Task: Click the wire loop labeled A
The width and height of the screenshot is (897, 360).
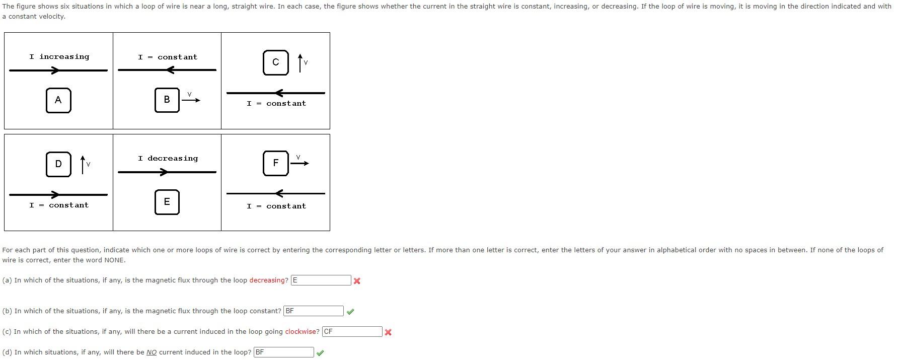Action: tap(58, 100)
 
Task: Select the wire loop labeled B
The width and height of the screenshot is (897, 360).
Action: tap(167, 100)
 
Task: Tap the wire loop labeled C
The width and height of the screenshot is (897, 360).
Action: tap(276, 62)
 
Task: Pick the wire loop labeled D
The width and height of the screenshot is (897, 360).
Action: tap(58, 164)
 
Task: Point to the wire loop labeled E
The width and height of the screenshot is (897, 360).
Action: tap(167, 202)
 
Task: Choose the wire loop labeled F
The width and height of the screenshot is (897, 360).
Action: tap(276, 163)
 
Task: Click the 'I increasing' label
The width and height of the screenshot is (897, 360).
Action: tap(59, 57)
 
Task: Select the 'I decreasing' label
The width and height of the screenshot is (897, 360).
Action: tap(168, 159)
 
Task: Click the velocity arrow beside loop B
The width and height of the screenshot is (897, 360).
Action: tap(191, 100)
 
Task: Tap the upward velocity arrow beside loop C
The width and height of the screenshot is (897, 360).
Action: tap(300, 63)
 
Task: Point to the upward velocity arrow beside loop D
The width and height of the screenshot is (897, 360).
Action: tap(83, 165)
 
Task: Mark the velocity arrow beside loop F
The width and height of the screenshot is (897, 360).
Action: tap(300, 163)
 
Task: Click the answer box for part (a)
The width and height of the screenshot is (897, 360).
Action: tap(321, 280)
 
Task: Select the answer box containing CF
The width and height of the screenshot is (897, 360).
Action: tap(352, 331)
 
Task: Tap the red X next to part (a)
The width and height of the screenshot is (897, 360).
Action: tap(357, 281)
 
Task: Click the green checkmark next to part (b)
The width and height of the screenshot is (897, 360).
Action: tap(350, 312)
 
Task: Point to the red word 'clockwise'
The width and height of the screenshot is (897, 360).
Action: tap(302, 331)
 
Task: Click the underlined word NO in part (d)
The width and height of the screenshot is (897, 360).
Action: tap(152, 352)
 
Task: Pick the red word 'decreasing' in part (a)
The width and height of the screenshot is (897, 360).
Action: tap(269, 280)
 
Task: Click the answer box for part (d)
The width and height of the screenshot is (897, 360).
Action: tap(283, 352)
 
